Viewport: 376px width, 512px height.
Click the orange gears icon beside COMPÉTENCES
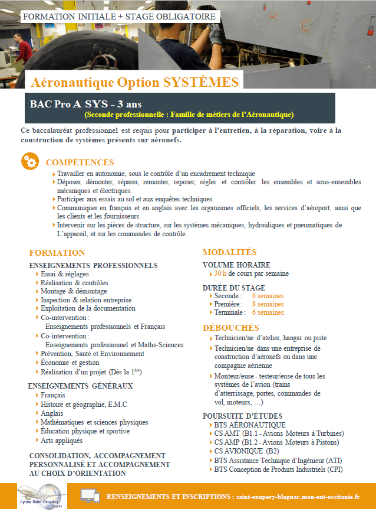point(30,161)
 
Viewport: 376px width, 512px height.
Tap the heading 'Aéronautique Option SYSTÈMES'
point(135,81)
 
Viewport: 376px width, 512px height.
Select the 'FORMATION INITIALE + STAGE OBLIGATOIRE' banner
point(118,17)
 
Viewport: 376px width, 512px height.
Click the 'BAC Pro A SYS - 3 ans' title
point(85,104)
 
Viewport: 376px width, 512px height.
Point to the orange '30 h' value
point(220,274)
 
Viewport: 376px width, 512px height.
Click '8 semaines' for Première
point(268,304)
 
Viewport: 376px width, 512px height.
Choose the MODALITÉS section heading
point(230,252)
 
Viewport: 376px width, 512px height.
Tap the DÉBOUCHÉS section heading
point(231,327)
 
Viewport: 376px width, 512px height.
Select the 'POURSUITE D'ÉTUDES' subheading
point(242,416)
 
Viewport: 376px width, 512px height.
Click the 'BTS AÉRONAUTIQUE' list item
point(250,425)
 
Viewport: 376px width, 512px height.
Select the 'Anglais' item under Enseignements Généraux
point(52,413)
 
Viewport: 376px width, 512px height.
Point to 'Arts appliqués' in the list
point(62,441)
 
